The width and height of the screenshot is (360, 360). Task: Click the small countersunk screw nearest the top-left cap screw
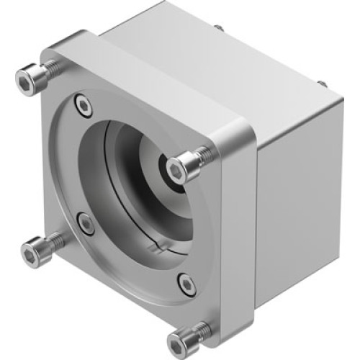86,107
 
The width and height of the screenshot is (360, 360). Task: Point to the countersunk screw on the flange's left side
86,224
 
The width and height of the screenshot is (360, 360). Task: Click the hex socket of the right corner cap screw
177,169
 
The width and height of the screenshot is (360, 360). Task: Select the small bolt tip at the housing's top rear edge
217,28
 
